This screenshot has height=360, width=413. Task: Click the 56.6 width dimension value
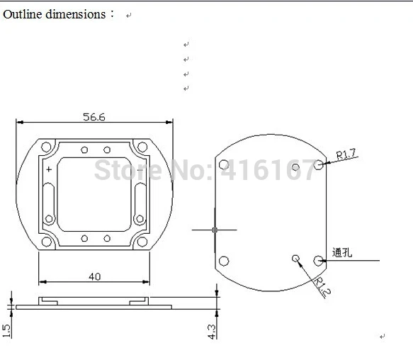(94, 117)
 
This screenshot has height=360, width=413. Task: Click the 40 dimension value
(94, 276)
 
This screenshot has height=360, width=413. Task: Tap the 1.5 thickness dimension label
(6, 331)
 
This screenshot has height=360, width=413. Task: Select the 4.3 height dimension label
(211, 332)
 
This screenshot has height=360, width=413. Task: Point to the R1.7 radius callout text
(346, 154)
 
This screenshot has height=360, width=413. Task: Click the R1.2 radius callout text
(322, 287)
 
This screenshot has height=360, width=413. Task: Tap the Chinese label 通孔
(342, 252)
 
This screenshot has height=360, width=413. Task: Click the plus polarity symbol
(49, 169)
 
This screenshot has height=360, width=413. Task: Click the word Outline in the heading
(23, 14)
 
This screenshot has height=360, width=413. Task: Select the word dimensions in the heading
(76, 14)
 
